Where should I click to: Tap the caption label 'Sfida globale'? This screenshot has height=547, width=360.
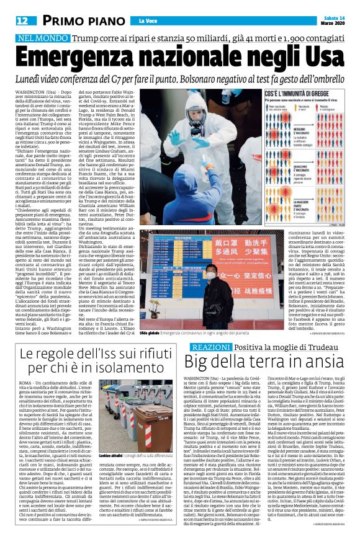coord(148,332)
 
